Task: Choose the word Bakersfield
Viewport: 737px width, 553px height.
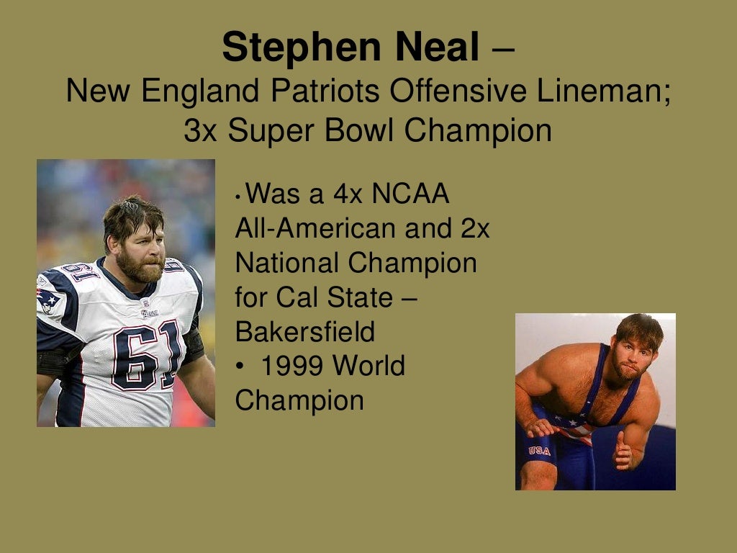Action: click(305, 332)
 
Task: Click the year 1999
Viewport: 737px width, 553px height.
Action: click(292, 367)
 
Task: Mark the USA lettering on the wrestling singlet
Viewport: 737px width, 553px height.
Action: click(539, 451)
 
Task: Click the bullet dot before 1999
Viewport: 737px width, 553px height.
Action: click(240, 367)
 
